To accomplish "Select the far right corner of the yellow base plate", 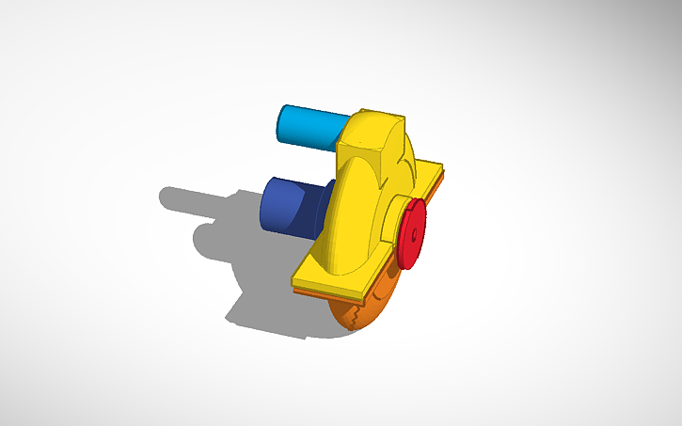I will point(443,171).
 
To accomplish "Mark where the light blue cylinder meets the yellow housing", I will point(340,136).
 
